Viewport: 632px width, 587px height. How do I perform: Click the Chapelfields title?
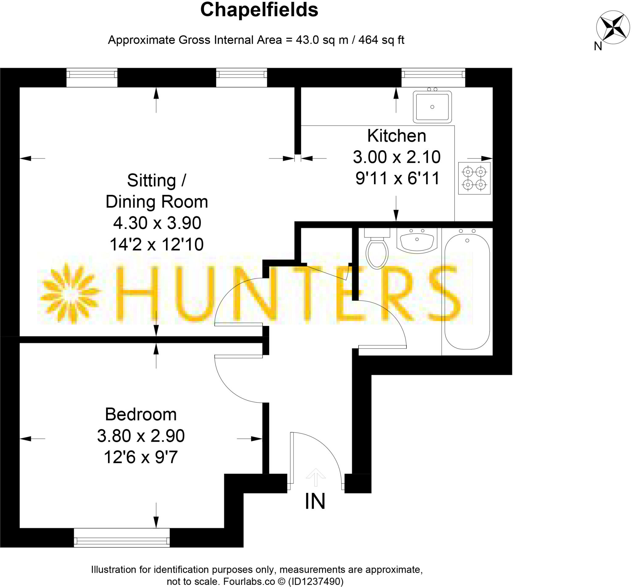[x=259, y=10]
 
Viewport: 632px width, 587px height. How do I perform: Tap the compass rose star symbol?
[x=612, y=28]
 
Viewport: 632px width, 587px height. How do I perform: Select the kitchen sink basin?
[x=432, y=107]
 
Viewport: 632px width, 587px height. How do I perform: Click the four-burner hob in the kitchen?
[x=474, y=178]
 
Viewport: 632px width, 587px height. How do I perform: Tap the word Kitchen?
[x=397, y=136]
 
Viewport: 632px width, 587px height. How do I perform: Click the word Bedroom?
[x=141, y=415]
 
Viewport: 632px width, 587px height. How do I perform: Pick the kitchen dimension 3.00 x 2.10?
[x=397, y=157]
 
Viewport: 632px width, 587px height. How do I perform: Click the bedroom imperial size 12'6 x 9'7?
[x=141, y=457]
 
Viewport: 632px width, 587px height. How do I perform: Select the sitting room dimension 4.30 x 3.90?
[x=157, y=223]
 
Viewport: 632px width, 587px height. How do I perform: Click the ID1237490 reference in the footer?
[x=315, y=581]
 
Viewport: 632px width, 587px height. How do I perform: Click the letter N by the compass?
[x=598, y=46]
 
